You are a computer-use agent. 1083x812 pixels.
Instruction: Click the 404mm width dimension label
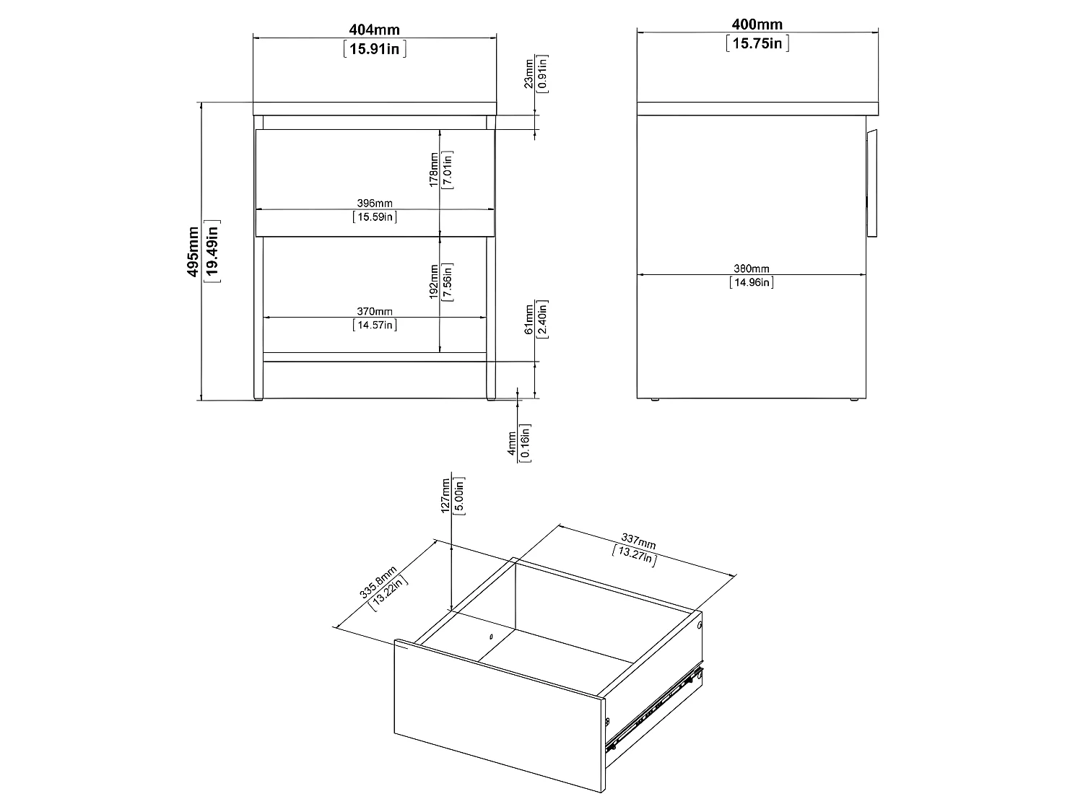[374, 30]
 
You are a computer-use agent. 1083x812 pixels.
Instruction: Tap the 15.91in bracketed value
[374, 49]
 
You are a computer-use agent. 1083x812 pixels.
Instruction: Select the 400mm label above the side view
[757, 25]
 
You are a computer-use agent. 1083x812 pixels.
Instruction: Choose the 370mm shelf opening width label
[375, 311]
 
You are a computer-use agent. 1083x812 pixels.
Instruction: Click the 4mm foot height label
[512, 442]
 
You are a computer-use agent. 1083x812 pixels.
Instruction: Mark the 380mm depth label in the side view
[752, 269]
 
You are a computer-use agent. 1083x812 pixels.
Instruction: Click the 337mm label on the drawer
[638, 541]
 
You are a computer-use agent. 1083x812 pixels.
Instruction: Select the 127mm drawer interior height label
[445, 495]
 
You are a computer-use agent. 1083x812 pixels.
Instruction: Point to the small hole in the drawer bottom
[490, 637]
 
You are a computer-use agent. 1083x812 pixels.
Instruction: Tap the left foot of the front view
[258, 396]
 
